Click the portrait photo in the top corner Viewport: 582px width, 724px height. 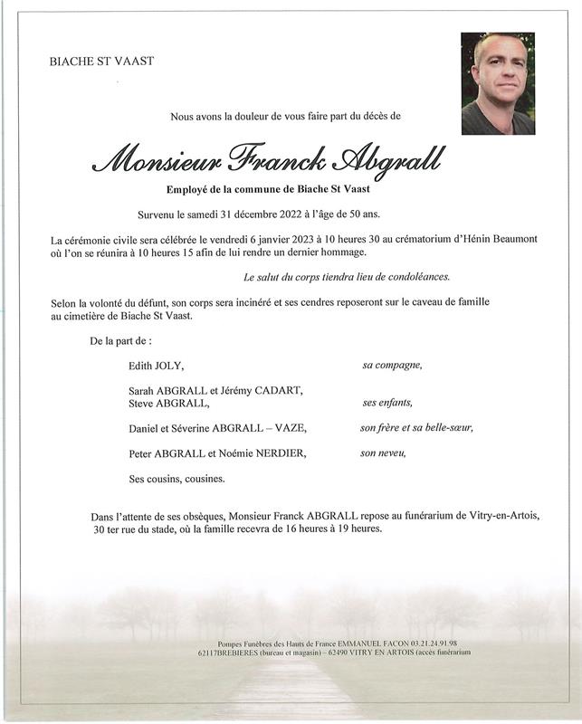click(x=497, y=83)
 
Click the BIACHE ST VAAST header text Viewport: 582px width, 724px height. click(x=101, y=61)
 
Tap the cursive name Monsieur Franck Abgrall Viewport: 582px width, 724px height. click(x=269, y=160)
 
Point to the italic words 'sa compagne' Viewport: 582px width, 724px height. click(x=392, y=366)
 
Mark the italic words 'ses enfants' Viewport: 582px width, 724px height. click(x=386, y=403)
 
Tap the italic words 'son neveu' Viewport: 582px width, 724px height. click(x=382, y=452)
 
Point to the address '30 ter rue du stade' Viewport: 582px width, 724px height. click(x=146, y=529)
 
